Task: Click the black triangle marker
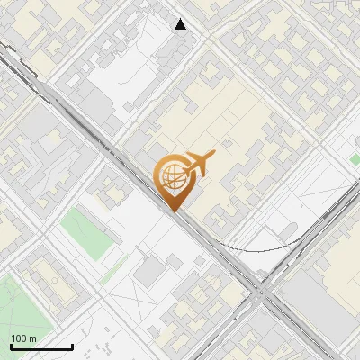coord(181,24)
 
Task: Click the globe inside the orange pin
coord(173,176)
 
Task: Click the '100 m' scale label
coord(23,338)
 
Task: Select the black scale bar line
coord(41,347)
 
